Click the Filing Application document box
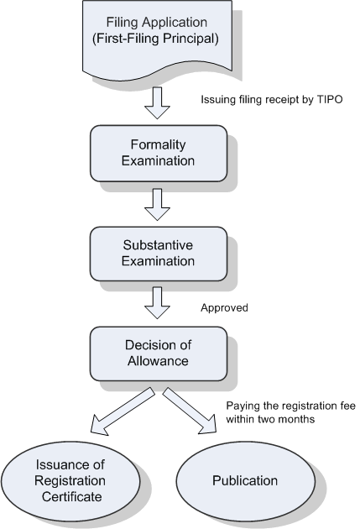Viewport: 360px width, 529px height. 157,39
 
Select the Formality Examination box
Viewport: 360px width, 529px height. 159,154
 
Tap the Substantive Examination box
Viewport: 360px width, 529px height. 159,254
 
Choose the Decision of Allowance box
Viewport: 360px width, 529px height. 159,354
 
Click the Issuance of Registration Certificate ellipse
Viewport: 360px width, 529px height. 70,481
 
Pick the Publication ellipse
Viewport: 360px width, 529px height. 246,480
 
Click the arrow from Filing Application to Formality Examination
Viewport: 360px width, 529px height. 157,103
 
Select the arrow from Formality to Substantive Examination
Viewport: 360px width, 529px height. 157,204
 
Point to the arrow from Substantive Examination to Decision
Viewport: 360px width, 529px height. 157,302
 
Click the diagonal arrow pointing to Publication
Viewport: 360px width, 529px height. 190,411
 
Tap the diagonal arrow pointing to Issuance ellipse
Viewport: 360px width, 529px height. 122,411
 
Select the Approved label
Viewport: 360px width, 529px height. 224,307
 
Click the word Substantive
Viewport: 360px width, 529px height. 158,245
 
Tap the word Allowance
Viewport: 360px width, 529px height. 158,361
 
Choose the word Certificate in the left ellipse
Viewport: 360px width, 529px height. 72,496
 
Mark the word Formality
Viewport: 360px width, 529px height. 158,145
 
